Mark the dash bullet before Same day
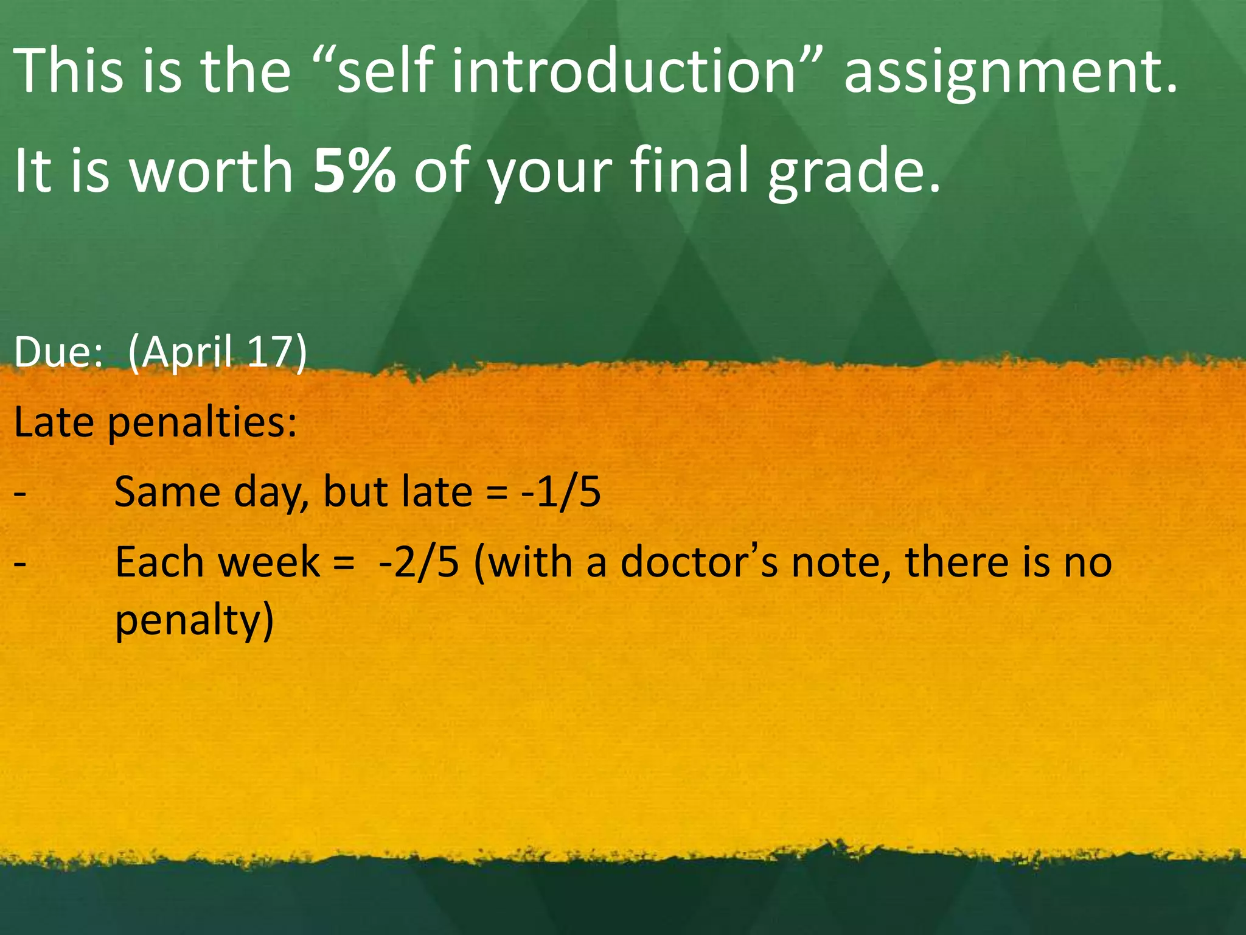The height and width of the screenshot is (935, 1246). (20, 493)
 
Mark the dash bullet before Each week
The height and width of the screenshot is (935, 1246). (20, 563)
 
